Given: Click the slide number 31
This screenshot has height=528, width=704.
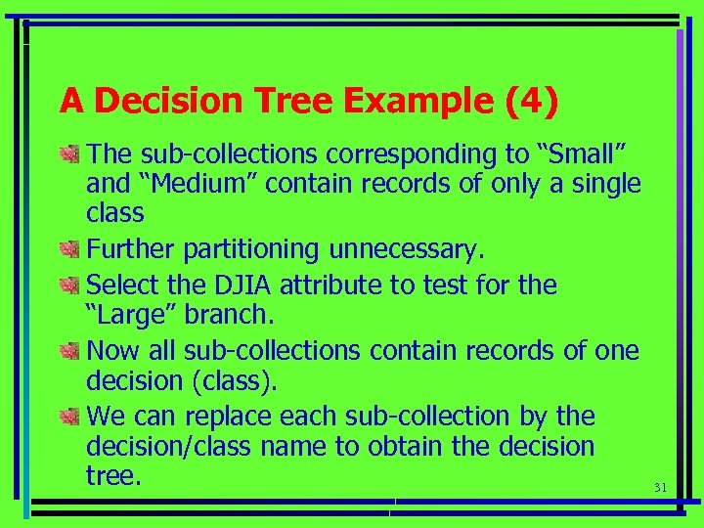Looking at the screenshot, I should coord(658,487).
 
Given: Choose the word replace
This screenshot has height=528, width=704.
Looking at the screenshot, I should coord(226,417).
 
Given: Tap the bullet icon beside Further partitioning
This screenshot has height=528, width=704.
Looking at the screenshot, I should coord(68,251).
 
